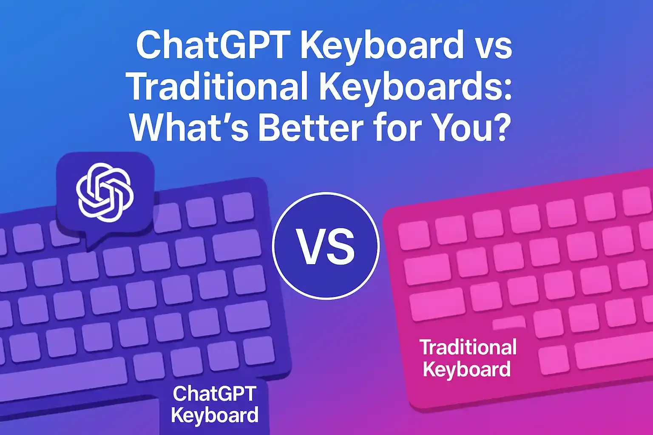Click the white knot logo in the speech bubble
(105, 192)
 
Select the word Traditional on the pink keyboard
(468, 347)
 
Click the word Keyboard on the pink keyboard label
(467, 369)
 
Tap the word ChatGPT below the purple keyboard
(214, 393)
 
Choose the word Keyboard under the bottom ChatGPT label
(215, 415)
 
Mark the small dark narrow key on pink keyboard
(509, 323)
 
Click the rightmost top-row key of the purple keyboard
(238, 207)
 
